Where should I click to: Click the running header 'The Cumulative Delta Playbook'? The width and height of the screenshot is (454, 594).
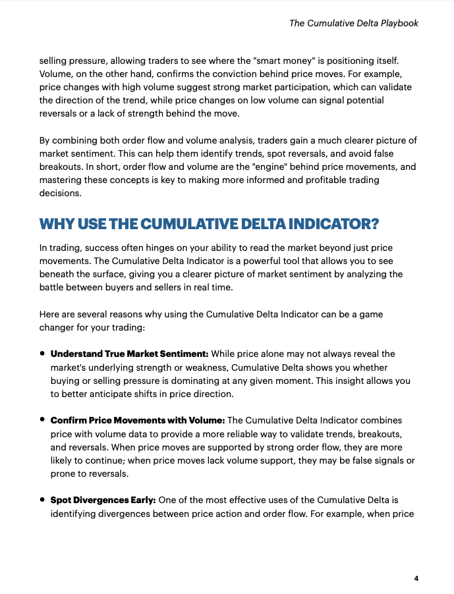(354, 23)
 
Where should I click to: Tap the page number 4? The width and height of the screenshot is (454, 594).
(416, 578)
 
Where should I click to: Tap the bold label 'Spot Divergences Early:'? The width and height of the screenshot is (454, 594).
(103, 500)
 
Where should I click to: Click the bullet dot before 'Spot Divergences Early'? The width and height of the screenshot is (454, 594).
(42, 499)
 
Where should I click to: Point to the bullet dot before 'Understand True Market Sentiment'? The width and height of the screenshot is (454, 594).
(42, 354)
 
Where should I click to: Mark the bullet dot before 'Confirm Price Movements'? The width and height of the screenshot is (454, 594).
(42, 419)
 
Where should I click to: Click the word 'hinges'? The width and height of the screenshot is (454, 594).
(166, 248)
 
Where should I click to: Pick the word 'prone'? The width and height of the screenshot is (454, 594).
(63, 473)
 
